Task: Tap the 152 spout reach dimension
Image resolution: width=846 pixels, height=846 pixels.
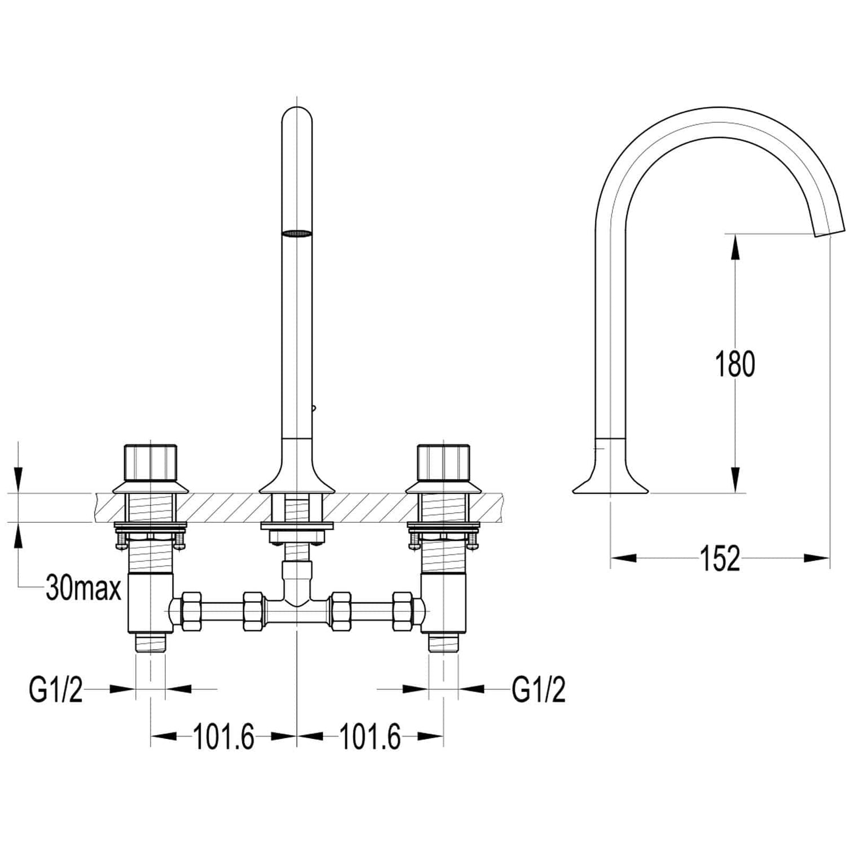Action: coord(720,558)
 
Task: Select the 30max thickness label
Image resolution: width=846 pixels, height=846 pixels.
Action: coord(83,588)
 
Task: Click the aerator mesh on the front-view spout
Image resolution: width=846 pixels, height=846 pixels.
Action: coord(297,233)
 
